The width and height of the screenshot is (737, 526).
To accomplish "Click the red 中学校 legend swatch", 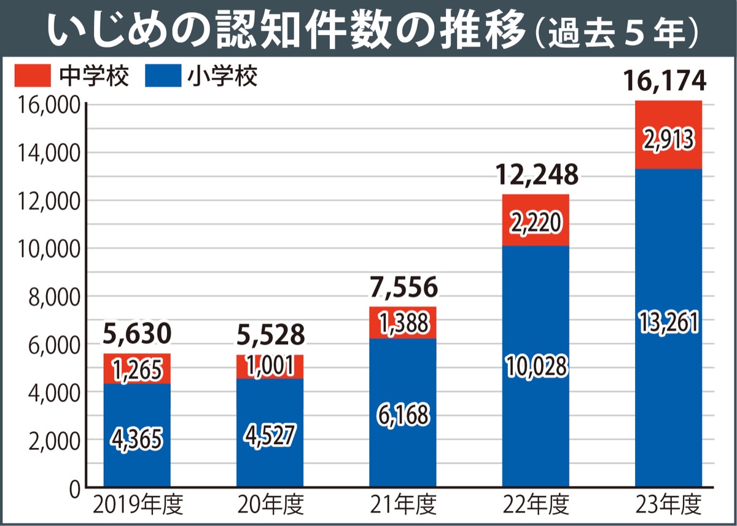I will coord(32,76).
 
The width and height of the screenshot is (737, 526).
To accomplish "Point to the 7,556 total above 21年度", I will coord(404,287).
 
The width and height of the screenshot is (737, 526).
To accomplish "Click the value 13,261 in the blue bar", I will coord(669,322).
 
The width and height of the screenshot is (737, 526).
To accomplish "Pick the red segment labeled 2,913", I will coord(669,140).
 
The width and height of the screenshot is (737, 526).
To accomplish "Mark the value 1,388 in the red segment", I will coord(403,323).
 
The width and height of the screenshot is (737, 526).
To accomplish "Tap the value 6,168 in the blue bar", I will coord(403,416).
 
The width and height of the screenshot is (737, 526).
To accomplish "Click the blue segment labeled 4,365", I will coord(136,438).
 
